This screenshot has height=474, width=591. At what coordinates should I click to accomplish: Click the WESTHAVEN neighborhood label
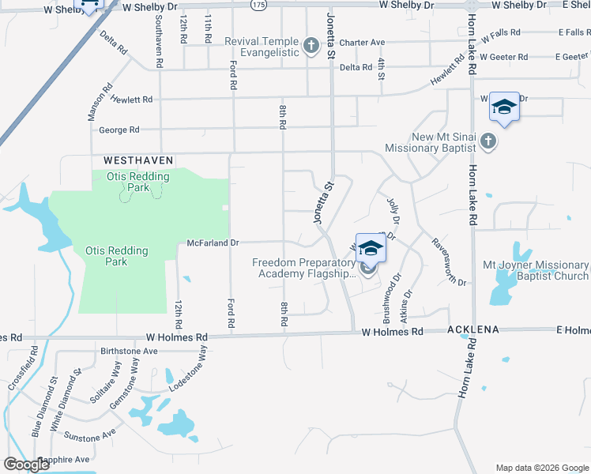[126, 160]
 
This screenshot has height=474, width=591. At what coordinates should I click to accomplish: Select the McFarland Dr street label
[213, 243]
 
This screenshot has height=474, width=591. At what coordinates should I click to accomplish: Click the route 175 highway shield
[258, 6]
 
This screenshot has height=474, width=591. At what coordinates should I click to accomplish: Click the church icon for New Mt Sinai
[488, 141]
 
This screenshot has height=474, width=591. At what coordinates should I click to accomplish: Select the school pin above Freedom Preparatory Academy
[370, 249]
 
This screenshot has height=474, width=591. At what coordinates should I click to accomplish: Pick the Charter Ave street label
[362, 43]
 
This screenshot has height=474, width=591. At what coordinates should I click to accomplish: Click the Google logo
[26, 465]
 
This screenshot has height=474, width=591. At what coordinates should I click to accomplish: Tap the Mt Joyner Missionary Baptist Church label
[538, 270]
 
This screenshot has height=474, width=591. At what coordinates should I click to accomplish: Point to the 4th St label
[380, 69]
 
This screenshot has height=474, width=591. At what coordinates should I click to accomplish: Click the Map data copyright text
[541, 468]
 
